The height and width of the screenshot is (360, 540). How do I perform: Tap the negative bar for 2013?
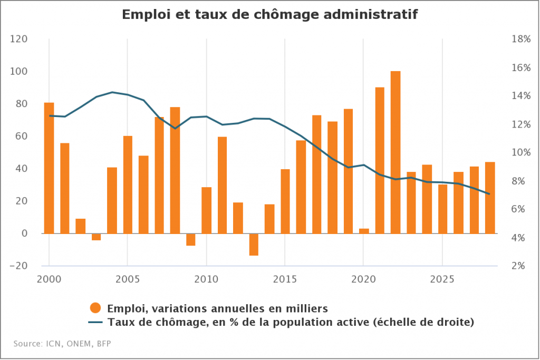254,245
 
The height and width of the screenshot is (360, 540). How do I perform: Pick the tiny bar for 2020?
364,231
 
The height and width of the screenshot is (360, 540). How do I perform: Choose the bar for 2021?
380,160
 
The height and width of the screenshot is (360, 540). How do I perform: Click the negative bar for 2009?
190,239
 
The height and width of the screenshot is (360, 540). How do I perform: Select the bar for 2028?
490,198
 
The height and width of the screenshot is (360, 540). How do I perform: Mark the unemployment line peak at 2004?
112,92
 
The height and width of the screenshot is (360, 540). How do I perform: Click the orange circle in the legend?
96,308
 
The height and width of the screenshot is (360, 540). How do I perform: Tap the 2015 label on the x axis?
284,278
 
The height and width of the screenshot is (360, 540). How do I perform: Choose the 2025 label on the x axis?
441,278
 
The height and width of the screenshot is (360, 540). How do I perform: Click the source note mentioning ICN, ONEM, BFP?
62,344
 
